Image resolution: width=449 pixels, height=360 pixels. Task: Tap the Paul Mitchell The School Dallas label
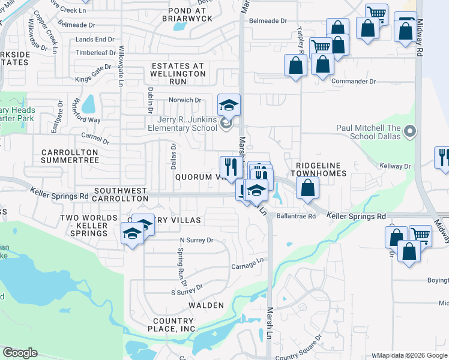(368, 131)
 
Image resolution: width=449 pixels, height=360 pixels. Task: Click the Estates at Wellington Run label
(178, 73)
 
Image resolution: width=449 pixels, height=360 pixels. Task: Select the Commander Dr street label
(354, 81)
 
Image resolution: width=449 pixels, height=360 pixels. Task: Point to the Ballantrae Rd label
(295, 217)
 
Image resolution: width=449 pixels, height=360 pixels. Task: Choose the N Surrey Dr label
(197, 240)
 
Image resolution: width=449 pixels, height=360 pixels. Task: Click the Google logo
(20, 353)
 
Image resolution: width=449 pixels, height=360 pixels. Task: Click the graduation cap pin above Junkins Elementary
(229, 105)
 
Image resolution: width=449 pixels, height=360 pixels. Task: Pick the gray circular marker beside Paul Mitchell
(411, 131)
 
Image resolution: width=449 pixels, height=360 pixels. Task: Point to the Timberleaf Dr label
(95, 53)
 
